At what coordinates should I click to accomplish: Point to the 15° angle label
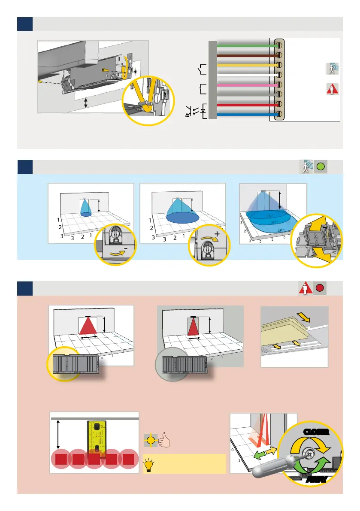point(269,216)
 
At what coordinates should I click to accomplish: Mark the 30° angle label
point(274,222)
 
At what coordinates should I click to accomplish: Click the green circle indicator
point(321,167)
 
